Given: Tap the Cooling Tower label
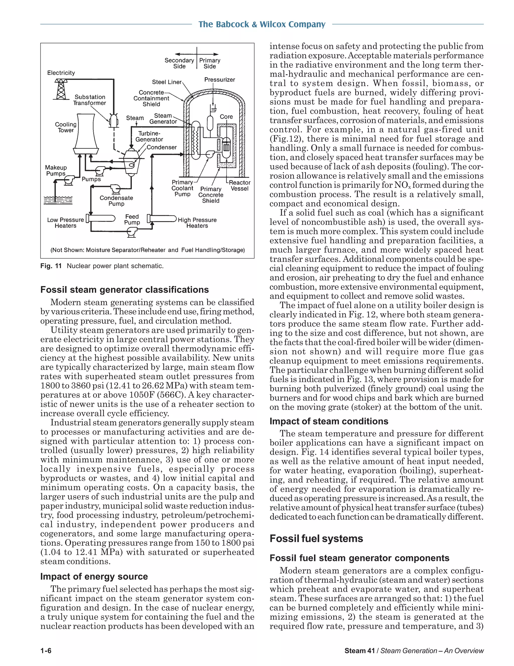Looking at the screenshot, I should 66,127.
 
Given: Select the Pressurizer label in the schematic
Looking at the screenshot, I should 220,80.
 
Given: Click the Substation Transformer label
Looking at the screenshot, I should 90,100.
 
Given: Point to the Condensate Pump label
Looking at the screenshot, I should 116,201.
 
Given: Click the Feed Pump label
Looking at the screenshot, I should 132,219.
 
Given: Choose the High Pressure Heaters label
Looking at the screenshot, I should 197,223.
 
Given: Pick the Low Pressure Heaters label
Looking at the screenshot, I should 66,223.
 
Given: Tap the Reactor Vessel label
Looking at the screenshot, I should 239,185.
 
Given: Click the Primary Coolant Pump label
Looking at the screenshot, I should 182,188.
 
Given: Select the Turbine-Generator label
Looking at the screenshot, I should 149,136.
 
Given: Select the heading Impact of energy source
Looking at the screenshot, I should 94,576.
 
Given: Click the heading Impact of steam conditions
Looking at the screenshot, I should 329,421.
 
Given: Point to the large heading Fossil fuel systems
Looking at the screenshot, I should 316,538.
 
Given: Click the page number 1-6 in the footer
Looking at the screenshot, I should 46,651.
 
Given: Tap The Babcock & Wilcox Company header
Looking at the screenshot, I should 262,24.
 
